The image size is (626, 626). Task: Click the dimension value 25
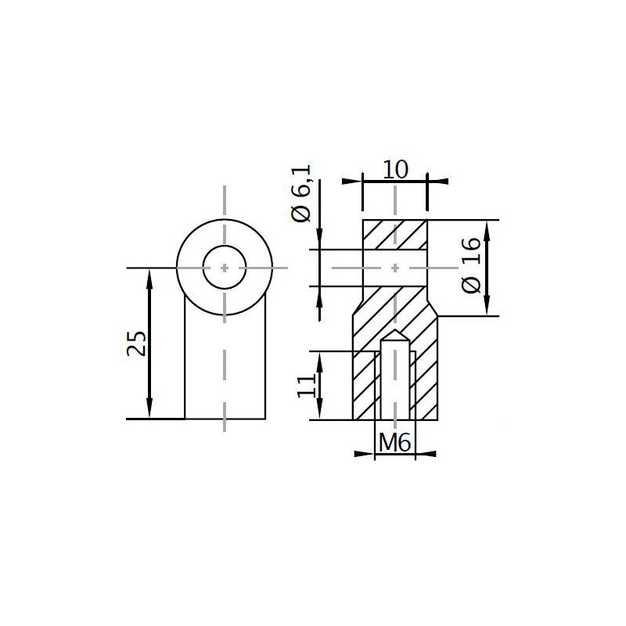137,343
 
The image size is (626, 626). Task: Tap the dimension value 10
395,170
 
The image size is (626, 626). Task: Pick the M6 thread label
394,443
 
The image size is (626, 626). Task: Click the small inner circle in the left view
225,268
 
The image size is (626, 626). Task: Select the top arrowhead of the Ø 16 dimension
487,228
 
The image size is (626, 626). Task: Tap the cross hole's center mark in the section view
395,268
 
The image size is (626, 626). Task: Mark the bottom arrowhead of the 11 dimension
320,412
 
